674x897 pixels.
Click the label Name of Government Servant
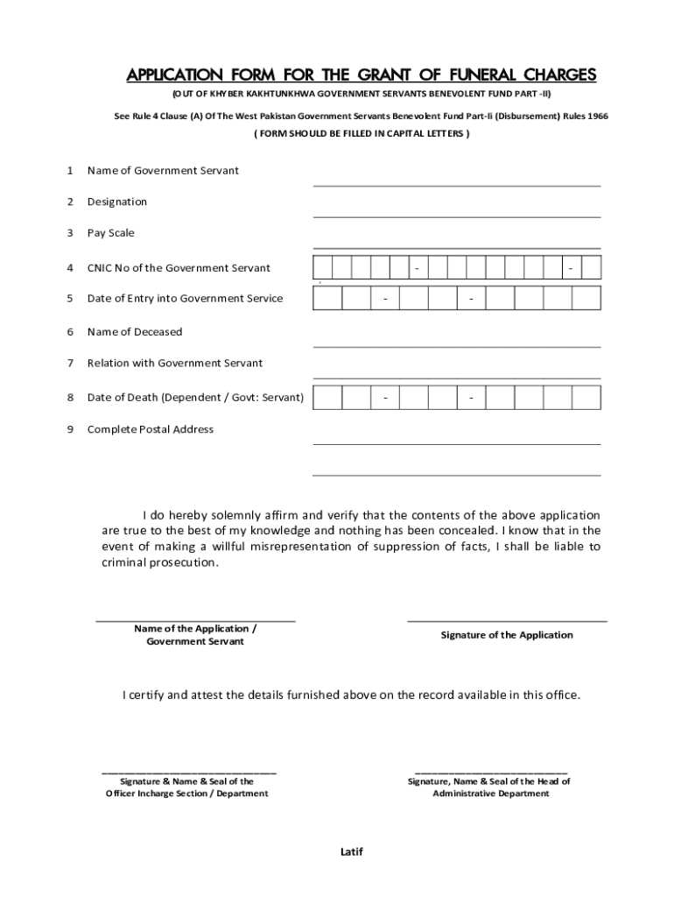click(x=163, y=171)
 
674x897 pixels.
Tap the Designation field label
click(x=117, y=202)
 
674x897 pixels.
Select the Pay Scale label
click(x=110, y=233)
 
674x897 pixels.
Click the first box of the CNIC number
click(x=323, y=268)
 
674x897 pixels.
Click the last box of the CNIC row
click(x=591, y=268)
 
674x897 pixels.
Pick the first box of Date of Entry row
click(x=327, y=299)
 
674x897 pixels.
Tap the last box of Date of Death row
click(x=586, y=399)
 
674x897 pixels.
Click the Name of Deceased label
click(x=135, y=332)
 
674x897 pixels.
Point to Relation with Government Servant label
click(x=174, y=364)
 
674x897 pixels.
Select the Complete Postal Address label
click(x=150, y=430)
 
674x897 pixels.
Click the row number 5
click(x=70, y=299)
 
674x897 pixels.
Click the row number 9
click(x=70, y=430)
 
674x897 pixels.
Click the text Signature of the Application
click(x=507, y=635)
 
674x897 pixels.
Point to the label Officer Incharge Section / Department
click(x=187, y=794)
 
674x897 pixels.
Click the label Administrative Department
click(x=490, y=794)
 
